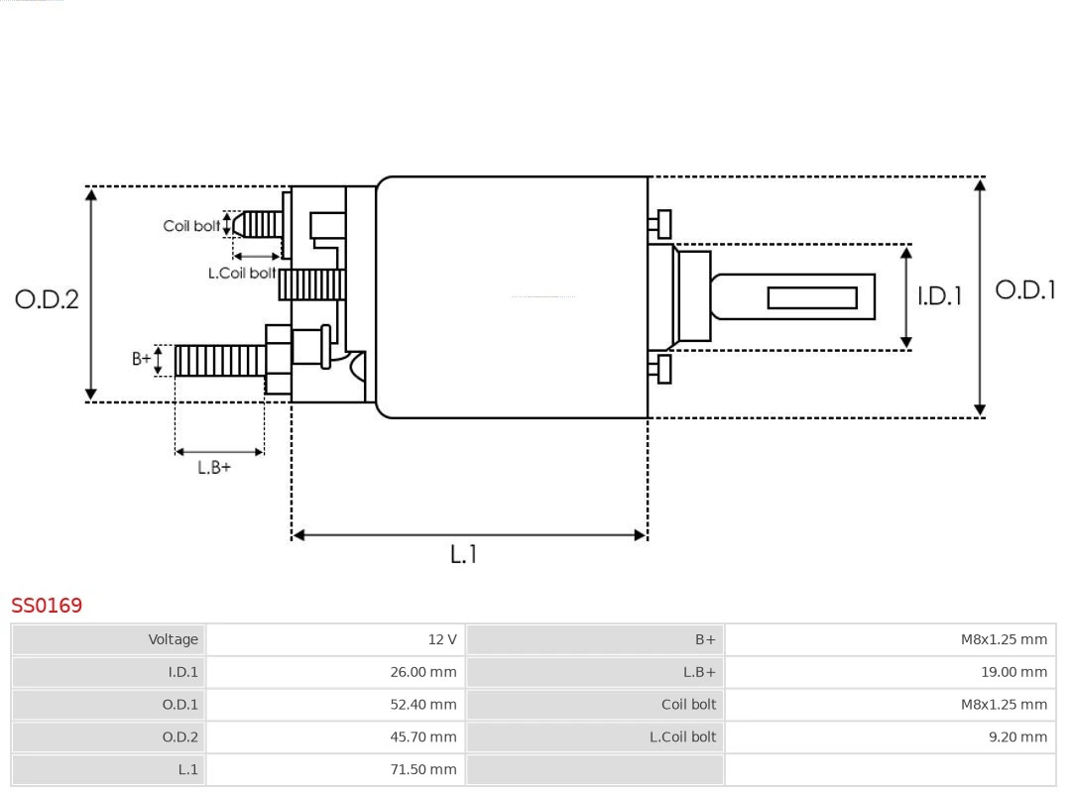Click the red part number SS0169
[47, 606]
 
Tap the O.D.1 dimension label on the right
[1025, 290]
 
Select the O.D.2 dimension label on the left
[47, 299]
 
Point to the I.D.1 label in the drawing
[939, 296]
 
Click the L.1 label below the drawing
[463, 555]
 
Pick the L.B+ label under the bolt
[214, 468]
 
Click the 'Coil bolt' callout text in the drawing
[191, 227]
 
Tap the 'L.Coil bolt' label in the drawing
[242, 274]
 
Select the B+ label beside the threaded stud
[142, 359]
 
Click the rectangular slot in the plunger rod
[812, 297]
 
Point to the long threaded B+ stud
[220, 361]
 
